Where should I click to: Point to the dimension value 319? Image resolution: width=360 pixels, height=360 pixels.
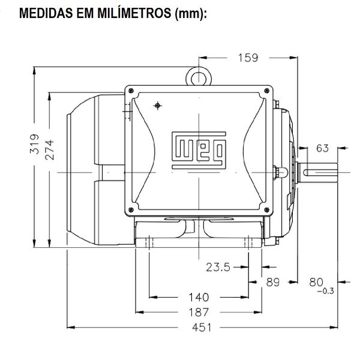click(34, 145)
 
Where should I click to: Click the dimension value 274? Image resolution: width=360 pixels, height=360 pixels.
click(50, 150)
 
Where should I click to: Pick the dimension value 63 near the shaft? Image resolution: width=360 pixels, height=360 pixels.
click(322, 148)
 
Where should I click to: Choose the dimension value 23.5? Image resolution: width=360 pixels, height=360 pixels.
click(218, 268)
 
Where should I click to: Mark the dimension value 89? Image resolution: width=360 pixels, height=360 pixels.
click(273, 282)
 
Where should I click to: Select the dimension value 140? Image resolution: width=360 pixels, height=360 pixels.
click(198, 297)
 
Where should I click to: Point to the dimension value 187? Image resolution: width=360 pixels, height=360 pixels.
click(198, 312)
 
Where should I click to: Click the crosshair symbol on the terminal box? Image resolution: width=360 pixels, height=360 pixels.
click(157, 106)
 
